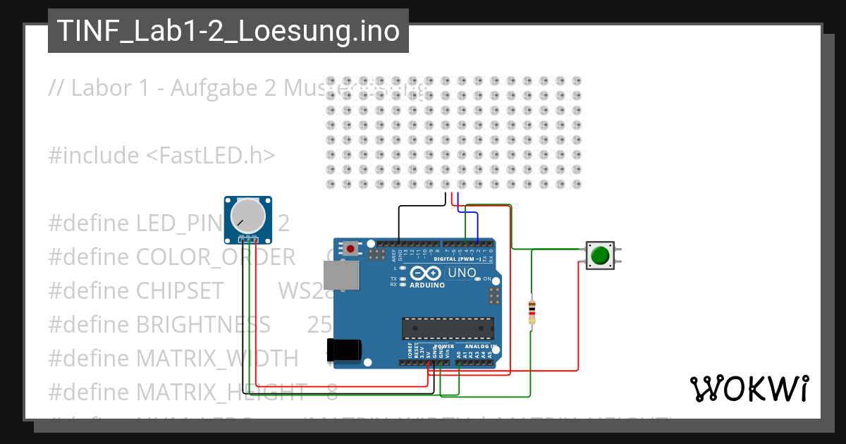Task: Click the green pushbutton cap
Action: click(600, 255)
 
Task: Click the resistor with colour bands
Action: click(531, 312)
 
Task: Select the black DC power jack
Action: click(347, 350)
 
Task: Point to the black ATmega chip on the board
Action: click(447, 328)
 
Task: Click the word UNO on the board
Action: click(462, 273)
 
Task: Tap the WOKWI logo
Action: click(749, 388)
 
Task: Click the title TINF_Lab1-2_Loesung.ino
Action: click(228, 31)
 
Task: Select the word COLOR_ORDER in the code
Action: click(216, 257)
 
